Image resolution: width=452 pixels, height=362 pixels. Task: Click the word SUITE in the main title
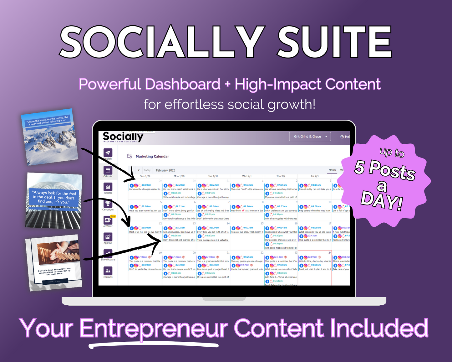coord(335,42)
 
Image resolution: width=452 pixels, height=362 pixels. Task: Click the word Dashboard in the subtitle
coord(183,84)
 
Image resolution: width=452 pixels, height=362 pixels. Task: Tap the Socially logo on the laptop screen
coord(123,137)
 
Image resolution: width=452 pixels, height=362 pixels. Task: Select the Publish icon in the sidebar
coord(108,153)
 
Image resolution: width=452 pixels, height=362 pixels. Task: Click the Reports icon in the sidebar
coord(108,187)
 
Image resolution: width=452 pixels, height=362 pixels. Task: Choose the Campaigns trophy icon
coord(108,204)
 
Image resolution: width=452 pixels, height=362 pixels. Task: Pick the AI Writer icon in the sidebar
coord(108,220)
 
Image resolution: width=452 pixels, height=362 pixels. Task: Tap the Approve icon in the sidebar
coord(108,237)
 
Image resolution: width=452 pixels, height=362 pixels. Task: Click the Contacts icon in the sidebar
coord(108,271)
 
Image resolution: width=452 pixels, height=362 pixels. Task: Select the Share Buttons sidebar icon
coord(108,254)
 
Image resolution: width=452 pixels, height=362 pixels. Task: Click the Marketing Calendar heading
coord(152,156)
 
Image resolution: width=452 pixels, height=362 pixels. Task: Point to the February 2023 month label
coord(165,170)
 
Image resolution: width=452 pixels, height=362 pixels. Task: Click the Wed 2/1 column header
coord(247,176)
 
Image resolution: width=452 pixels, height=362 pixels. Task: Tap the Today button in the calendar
coord(147,170)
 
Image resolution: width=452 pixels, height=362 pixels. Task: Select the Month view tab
coord(332,170)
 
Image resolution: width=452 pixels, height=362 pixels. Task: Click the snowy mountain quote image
coord(49,137)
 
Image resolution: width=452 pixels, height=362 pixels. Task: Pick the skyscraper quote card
coord(54,201)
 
